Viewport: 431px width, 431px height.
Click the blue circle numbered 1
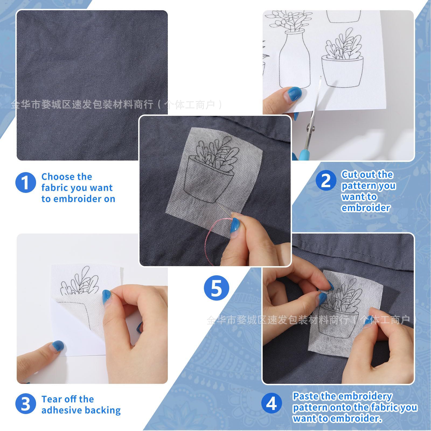[26, 182]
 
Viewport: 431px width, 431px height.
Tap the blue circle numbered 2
[326, 180]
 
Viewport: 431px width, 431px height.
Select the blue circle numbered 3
[26, 404]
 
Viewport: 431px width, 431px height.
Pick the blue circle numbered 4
[272, 404]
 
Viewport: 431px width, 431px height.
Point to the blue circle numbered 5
[216, 289]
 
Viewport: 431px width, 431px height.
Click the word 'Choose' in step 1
[55, 177]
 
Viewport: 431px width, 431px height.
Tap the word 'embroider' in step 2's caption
[366, 208]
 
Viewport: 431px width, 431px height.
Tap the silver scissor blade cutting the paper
[317, 100]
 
